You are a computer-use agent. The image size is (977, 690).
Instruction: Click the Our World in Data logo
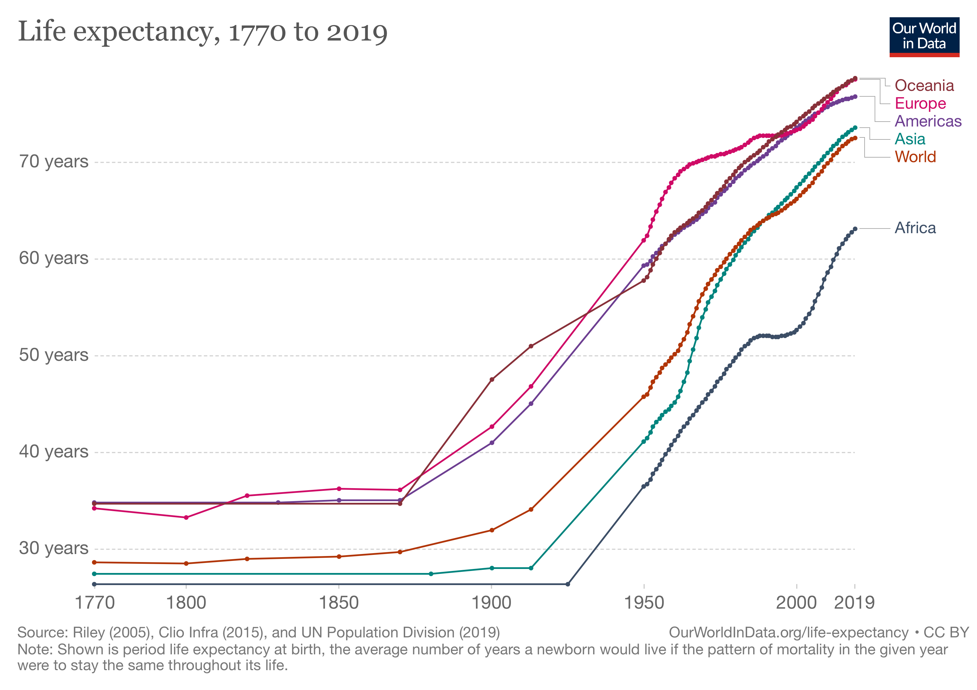(924, 37)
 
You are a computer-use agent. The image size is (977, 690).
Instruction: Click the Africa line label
(915, 228)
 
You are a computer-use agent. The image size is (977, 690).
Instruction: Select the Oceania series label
(924, 86)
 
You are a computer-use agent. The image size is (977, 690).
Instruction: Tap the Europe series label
(920, 103)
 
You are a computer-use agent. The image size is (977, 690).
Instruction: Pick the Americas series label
(928, 121)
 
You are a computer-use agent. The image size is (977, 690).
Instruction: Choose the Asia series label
(910, 139)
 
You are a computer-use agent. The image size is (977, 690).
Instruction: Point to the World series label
(915, 157)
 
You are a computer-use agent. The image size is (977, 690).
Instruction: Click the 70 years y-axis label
(54, 162)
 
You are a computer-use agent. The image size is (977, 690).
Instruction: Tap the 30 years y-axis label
(54, 548)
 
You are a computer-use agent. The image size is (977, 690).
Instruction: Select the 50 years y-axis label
(54, 355)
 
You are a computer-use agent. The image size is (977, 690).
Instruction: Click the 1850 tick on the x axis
(339, 603)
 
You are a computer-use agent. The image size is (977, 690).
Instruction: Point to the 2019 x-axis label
(854, 603)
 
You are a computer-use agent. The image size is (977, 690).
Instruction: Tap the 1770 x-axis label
(95, 603)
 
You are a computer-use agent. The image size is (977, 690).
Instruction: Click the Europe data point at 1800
(186, 517)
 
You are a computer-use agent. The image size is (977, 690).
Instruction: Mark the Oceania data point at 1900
(492, 379)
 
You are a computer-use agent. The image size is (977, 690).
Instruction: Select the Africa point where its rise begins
(568, 584)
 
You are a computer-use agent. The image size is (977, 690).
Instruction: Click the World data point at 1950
(643, 397)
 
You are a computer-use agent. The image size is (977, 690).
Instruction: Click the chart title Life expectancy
(203, 32)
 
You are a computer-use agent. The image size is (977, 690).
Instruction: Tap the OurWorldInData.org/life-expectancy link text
(788, 632)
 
